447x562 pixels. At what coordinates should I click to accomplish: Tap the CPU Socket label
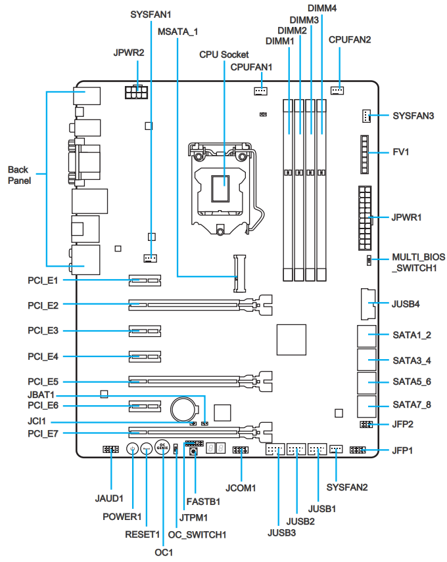224,54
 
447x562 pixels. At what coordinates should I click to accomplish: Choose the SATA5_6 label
412,381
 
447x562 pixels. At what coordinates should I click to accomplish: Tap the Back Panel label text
19,175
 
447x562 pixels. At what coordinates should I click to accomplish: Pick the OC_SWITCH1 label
197,534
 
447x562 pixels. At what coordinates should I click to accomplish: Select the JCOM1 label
241,488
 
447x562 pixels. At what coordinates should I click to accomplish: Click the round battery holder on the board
184,410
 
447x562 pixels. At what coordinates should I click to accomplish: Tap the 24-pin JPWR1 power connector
365,218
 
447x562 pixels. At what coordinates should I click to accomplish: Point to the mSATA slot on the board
239,272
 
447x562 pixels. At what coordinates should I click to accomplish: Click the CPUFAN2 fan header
338,90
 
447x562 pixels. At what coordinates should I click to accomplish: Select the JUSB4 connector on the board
367,304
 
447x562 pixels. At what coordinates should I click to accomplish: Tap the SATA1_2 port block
367,335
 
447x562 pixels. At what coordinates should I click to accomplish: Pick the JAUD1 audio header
110,450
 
